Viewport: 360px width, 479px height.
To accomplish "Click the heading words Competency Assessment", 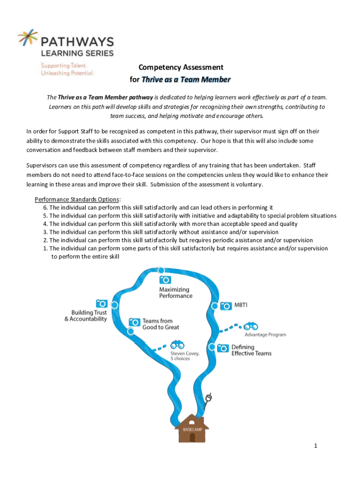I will pyautogui.click(x=180, y=67).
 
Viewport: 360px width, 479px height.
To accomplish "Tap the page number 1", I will pyautogui.click(x=316, y=446).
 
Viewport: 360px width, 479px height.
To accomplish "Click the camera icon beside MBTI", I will pyautogui.click(x=226, y=306).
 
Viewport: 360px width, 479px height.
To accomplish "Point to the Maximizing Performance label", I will pyautogui.click(x=175, y=292).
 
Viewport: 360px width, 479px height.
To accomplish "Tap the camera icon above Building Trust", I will pyautogui.click(x=101, y=303).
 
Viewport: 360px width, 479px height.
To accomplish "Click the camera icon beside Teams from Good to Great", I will pyautogui.click(x=134, y=322).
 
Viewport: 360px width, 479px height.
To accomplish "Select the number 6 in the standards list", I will pyautogui.click(x=45, y=207).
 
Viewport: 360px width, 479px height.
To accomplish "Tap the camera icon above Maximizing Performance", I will pyautogui.click(x=165, y=279).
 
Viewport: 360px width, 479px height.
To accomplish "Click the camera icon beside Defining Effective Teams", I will pyautogui.click(x=223, y=348).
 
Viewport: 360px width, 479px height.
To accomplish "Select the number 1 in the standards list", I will pyautogui.click(x=45, y=248).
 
